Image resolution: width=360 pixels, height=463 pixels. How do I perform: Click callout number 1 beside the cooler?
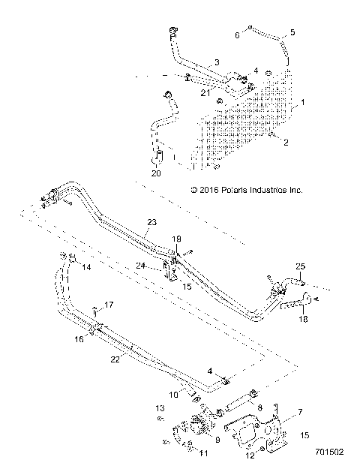pyautogui.click(x=303, y=100)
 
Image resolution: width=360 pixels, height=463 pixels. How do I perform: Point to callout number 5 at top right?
pyautogui.click(x=292, y=32)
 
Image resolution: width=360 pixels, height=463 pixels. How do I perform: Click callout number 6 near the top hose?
pyautogui.click(x=237, y=35)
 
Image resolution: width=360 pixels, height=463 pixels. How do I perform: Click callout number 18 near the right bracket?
pyautogui.click(x=304, y=319)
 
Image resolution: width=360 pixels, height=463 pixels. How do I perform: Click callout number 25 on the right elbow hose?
pyautogui.click(x=301, y=266)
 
